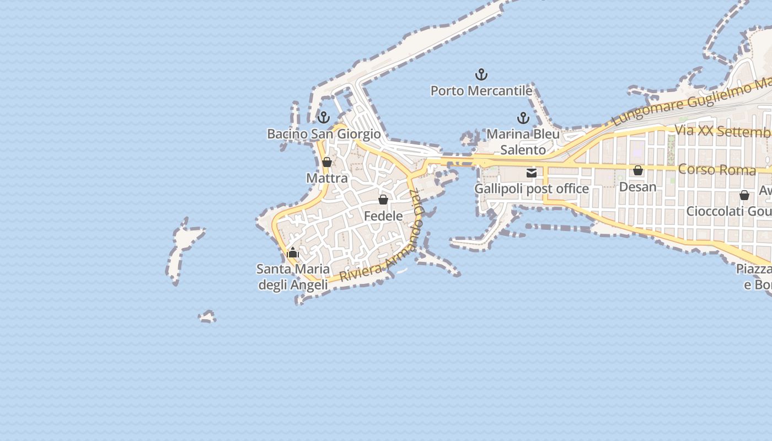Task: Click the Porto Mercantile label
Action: pyautogui.click(x=481, y=90)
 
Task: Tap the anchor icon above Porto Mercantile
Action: pyautogui.click(x=481, y=74)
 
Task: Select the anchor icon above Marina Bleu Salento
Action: pyautogui.click(x=523, y=118)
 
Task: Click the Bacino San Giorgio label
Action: pyautogui.click(x=324, y=134)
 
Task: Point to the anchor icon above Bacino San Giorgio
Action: pyautogui.click(x=324, y=117)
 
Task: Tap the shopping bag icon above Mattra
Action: pyautogui.click(x=327, y=162)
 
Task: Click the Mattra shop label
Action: pyautogui.click(x=327, y=178)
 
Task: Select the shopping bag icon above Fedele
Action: pyautogui.click(x=383, y=200)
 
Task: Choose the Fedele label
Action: pyautogui.click(x=383, y=216)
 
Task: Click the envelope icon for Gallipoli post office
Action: pyautogui.click(x=532, y=173)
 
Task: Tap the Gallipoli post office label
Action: pyautogui.click(x=532, y=189)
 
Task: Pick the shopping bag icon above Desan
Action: pyautogui.click(x=638, y=171)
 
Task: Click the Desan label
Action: pyautogui.click(x=638, y=187)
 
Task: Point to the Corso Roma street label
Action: pyautogui.click(x=716, y=169)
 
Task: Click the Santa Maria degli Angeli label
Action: pyautogui.click(x=293, y=277)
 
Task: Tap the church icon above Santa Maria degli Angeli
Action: pyautogui.click(x=293, y=254)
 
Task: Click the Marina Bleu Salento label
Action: pyautogui.click(x=523, y=142)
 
